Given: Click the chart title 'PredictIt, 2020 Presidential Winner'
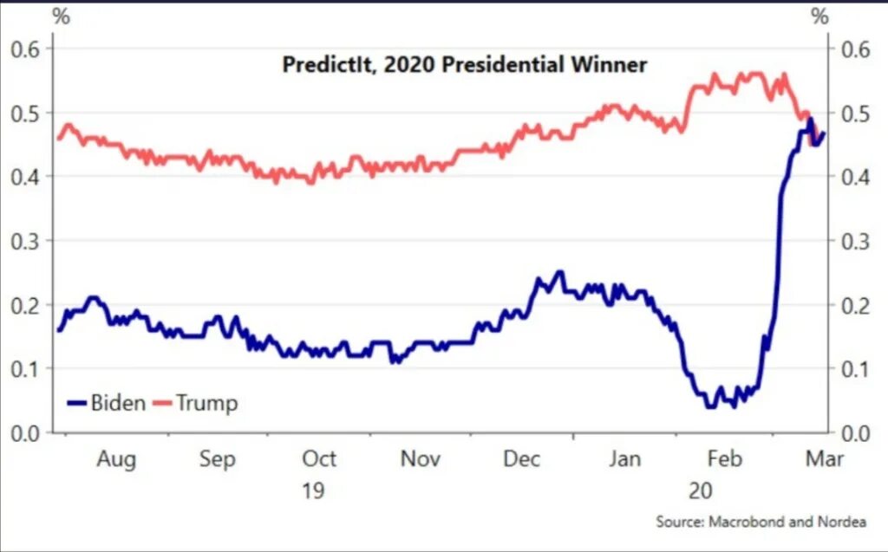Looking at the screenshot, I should (465, 65).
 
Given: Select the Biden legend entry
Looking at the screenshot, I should (107, 403).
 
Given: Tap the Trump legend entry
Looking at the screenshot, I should (195, 403).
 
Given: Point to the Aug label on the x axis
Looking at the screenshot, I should (115, 458).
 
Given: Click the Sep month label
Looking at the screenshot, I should (217, 458).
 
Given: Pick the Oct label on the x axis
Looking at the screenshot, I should (318, 458).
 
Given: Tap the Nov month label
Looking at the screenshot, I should (421, 458).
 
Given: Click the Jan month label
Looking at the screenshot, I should (624, 458).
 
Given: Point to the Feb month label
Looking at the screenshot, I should (725, 458).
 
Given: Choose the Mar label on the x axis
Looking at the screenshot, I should (824, 458).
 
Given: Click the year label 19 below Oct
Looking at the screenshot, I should (313, 490).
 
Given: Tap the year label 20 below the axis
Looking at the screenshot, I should (701, 490).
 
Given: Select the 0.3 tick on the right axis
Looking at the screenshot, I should (857, 241).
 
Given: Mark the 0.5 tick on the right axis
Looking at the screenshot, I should (857, 113).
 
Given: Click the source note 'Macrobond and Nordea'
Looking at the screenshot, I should (761, 522).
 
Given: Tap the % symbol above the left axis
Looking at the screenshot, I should (61, 16).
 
